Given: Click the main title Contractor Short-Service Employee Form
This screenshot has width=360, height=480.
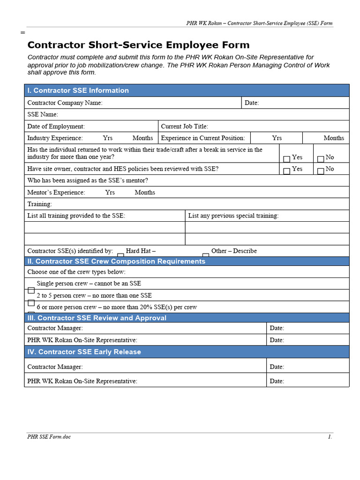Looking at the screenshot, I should [138, 45].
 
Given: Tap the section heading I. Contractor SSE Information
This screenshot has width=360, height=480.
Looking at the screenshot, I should [78, 90].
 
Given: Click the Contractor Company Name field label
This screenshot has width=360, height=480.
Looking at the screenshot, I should [65, 103].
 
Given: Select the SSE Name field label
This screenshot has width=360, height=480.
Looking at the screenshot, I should [43, 114].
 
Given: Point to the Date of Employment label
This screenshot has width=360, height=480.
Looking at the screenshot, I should [56, 126].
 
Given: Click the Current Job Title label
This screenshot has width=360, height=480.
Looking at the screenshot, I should [184, 126].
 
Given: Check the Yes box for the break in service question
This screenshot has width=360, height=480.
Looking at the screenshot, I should [286, 159].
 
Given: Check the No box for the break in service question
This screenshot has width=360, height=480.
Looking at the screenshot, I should [321, 159].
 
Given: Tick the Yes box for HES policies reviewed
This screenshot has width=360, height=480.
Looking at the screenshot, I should [286, 171].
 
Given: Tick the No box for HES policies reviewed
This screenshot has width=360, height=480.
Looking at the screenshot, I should [321, 171].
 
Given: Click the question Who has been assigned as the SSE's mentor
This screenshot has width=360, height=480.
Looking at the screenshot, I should [88, 180].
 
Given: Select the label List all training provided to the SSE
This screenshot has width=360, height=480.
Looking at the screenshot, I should [76, 216].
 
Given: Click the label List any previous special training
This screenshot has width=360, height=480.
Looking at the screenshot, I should [233, 216].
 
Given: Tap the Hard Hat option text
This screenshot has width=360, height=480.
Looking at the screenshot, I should [141, 251].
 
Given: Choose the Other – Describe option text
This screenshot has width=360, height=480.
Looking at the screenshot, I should [234, 251].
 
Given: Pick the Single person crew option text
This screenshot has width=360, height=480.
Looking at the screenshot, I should [89, 283].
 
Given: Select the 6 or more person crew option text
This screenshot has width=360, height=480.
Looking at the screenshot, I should [117, 307].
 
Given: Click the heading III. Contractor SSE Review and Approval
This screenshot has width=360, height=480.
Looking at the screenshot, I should [97, 318].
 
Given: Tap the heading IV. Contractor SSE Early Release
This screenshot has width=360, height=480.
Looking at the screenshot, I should [84, 352].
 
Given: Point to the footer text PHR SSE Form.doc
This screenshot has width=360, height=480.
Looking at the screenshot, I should [49, 436].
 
